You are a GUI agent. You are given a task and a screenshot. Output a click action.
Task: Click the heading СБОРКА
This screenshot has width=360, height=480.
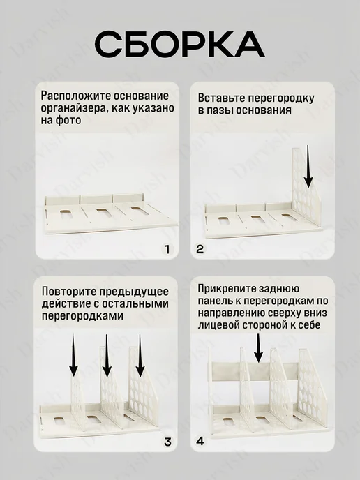pyautogui.click(x=180, y=44)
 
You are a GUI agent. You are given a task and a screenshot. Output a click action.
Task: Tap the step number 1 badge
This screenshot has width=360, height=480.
pyautogui.click(x=167, y=249)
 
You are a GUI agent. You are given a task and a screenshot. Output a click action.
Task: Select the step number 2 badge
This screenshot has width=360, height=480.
pyautogui.click(x=200, y=249)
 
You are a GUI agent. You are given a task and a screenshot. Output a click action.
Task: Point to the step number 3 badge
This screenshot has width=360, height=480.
pyautogui.click(x=167, y=442)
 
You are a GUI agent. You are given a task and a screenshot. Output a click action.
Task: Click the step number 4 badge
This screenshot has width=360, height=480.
pyautogui.click(x=200, y=441)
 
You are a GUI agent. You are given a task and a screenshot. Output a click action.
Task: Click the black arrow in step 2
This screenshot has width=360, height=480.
pyautogui.click(x=308, y=167)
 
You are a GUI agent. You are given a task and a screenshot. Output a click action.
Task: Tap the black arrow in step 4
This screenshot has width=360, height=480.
pyautogui.click(x=259, y=348)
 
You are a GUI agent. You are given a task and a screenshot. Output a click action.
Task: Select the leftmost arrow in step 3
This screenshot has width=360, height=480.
pyautogui.click(x=73, y=355)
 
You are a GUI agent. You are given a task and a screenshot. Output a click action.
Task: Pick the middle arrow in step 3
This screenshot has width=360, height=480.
pyautogui.click(x=107, y=356)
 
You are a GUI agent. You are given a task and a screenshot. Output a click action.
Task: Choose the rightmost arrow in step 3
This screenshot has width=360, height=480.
pyautogui.click(x=140, y=356)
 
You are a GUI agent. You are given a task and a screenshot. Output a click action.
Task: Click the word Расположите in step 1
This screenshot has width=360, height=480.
pyautogui.click(x=76, y=96)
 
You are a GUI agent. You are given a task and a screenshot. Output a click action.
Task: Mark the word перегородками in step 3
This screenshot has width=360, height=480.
pyautogui.click(x=82, y=315)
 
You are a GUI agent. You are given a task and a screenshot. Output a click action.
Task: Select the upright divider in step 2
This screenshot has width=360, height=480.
pyautogui.click(x=306, y=189)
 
